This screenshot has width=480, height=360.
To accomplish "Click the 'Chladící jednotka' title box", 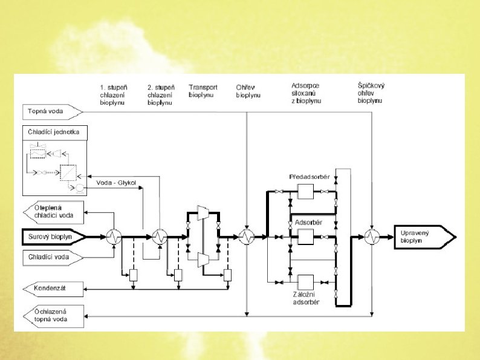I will (55, 132).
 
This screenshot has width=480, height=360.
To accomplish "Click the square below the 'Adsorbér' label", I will (305, 237).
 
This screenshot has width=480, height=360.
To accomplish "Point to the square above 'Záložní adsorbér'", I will (305, 283).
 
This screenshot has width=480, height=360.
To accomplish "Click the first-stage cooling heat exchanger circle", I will (113, 237).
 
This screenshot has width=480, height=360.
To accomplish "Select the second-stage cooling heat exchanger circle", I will (160, 237).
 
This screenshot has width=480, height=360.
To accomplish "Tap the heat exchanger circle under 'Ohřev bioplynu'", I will (246, 237).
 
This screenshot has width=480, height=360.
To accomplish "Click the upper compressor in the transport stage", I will (204, 213).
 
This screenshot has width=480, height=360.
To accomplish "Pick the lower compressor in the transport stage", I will (204, 260).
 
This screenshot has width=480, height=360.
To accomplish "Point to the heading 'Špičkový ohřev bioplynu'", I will (371, 93).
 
